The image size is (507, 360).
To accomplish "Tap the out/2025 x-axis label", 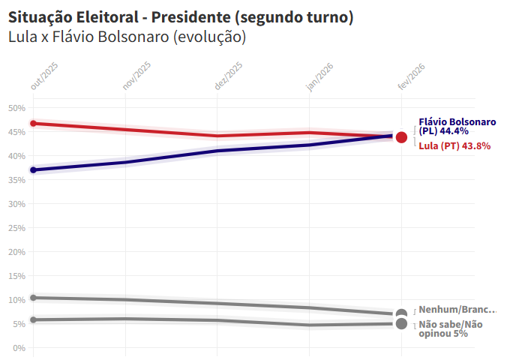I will tap(44, 77).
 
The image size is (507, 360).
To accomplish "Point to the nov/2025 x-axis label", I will tap(136, 77).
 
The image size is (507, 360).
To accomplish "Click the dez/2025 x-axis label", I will tap(229, 77).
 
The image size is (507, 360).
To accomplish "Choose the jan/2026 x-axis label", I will tap(320, 77).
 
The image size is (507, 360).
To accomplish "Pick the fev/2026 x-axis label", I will tap(412, 77).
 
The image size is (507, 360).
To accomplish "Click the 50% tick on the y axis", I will tap(17, 108).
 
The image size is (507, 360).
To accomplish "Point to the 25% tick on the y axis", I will tap(17, 228).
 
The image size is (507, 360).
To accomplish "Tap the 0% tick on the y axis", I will tap(19, 348).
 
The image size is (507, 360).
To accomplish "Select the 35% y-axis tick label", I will tap(17, 180).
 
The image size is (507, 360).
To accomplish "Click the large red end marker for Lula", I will tap(401, 137).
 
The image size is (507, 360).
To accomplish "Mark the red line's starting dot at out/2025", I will tap(33, 124).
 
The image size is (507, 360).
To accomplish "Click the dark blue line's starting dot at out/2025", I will tap(33, 170).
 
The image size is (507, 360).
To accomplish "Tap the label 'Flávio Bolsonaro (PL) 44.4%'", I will tap(457, 126).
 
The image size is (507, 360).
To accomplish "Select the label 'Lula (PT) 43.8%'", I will tap(454, 146).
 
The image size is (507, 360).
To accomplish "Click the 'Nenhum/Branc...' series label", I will tap(457, 310).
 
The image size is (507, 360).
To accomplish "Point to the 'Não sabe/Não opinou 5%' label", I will tap(451, 328).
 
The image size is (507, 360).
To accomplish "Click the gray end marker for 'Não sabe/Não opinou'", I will tap(401, 324).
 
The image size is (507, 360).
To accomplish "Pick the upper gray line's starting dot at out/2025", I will tap(33, 298).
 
